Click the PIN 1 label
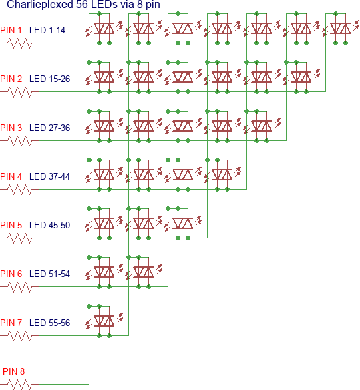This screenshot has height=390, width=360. pos(11,30)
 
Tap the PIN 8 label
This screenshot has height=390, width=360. pos(13,371)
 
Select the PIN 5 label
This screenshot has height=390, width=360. pos(11,225)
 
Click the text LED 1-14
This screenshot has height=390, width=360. pos(47,30)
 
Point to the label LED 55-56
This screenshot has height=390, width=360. pos(49,323)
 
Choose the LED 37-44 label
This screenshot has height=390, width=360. pos(49,176)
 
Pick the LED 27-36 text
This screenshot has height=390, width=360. pos(49,128)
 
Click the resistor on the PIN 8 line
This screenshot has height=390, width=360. pos(20,384)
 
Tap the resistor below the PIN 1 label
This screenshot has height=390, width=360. pos(20,43)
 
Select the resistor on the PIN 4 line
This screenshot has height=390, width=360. pos(20,189)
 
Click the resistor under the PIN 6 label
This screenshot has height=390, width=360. pos(20,286)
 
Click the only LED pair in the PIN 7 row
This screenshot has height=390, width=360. pos(104,321)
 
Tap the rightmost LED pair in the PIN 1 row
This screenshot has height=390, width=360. pos(341,28)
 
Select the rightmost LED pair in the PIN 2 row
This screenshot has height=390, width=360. pos(301,77)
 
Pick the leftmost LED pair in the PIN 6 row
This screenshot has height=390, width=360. pos(104,272)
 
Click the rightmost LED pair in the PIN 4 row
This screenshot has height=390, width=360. pos(222,174)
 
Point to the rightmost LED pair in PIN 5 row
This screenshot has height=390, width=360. pos(183,223)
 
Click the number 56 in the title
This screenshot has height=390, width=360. pos(81,4)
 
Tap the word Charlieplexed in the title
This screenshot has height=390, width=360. pos(40,5)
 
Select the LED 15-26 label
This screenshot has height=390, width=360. pos(49,79)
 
